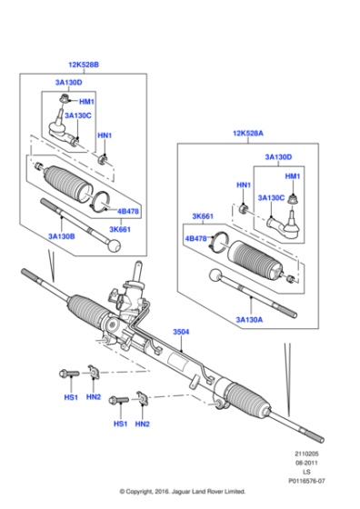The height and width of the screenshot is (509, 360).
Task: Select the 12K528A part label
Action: tap(249, 134)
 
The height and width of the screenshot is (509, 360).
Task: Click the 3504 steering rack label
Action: tap(182, 333)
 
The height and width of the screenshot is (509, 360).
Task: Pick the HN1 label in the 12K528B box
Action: tap(105, 135)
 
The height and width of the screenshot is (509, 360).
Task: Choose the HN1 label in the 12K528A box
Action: tap(244, 185)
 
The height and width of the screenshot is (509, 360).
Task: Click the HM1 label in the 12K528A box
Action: tap(293, 175)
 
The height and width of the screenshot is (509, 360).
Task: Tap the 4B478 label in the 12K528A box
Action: tap(197, 238)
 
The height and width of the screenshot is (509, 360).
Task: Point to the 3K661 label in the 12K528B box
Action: tap(121, 229)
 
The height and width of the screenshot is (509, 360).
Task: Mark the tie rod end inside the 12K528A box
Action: tap(286, 219)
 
